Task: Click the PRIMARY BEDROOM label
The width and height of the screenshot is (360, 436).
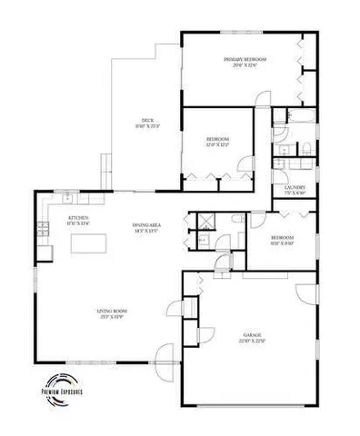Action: [x=242, y=59]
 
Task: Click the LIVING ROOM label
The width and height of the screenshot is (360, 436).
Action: [x=113, y=312]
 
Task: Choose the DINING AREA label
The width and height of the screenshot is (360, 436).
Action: [x=146, y=227]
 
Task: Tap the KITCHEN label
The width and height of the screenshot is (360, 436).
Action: [x=77, y=218]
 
